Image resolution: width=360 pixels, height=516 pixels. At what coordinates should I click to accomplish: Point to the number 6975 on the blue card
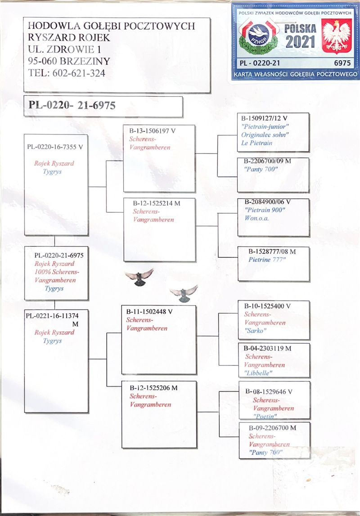coord(342,63)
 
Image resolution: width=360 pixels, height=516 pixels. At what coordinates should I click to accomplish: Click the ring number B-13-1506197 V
coord(151,131)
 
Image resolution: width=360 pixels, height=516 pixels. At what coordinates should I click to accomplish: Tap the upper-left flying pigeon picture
coord(139,277)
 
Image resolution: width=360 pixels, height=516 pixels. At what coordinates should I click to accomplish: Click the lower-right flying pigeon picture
coord(184,293)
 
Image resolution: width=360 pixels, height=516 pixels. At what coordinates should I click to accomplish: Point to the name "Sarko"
coord(256,331)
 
